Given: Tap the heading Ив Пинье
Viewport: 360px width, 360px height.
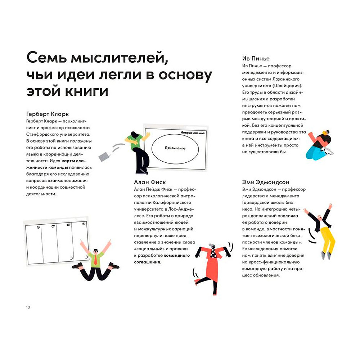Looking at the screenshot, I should click(x=256, y=58).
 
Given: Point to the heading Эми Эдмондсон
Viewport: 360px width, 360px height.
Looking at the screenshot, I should click(x=266, y=182).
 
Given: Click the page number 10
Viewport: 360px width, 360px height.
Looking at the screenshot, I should click(x=28, y=307).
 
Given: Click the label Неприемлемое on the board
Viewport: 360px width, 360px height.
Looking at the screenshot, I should click(x=193, y=133).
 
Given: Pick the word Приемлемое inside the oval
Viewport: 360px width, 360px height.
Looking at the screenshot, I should click(x=175, y=148).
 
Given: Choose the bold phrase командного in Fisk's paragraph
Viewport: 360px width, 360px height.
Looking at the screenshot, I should click(x=177, y=255).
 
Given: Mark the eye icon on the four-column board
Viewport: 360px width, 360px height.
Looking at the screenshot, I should click(x=84, y=224).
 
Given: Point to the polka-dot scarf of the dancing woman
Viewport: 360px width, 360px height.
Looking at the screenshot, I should click(x=213, y=251).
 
